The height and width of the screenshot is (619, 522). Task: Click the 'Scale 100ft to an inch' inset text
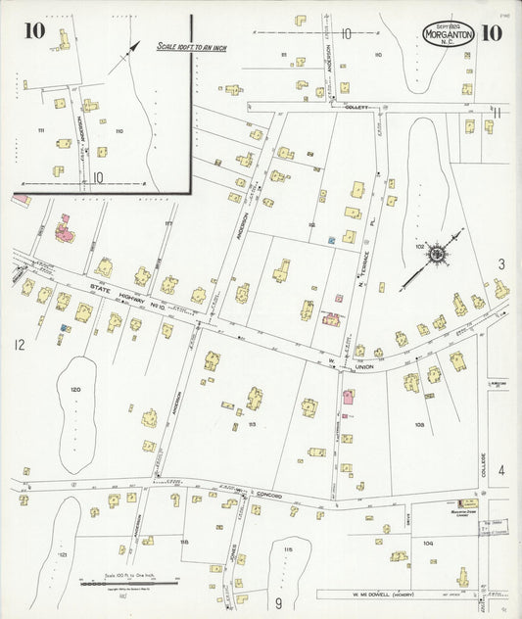point(191,47)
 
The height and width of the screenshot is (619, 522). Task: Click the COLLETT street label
point(355,109)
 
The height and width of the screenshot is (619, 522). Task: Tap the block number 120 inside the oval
point(75,389)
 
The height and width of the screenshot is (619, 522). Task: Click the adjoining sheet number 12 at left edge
point(18,345)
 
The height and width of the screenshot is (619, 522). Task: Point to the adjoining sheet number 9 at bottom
point(277,602)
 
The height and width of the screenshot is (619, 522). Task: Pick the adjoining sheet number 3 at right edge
point(500,263)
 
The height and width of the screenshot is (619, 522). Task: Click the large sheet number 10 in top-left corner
point(34,31)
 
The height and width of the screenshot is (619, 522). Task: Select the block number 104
point(427,541)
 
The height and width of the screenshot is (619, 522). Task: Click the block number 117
point(167,224)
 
